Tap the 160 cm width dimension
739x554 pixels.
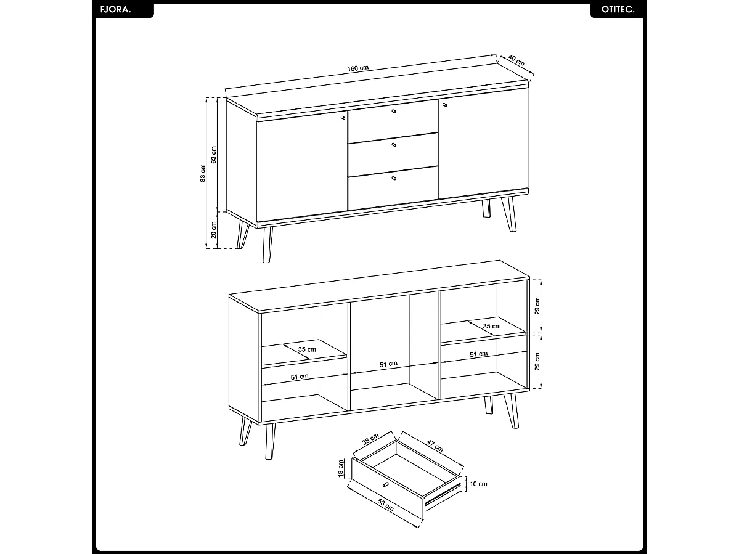coord(357,68)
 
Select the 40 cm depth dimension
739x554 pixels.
coord(516,60)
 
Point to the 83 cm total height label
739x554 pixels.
coord(203,174)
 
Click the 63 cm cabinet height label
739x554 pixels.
coord(214,154)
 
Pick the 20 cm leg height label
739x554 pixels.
coord(214,230)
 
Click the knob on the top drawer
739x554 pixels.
coord(394,112)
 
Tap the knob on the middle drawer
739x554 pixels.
coord(394,145)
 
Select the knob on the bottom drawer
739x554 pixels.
coord(394,178)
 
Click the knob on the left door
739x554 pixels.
coord(343,116)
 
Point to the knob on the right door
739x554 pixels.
coord(444,105)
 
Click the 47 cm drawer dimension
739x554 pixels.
coord(435,446)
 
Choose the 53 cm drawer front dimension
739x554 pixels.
coord(385,505)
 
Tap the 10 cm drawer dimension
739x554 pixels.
coord(478,484)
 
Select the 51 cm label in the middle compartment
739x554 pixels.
coord(388,364)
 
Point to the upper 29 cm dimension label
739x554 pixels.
coord(537,306)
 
